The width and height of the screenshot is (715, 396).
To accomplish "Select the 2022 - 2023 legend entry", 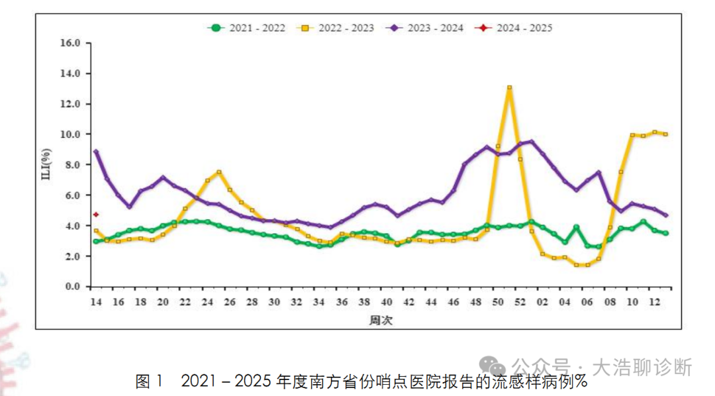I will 337,28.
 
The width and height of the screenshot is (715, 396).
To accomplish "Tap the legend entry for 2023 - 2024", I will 427,28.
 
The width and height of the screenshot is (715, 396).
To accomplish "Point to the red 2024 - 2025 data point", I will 96,215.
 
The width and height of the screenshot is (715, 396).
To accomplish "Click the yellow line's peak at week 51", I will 509,87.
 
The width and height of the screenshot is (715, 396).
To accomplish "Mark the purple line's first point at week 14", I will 96,152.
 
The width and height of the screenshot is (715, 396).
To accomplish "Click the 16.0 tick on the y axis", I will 70,43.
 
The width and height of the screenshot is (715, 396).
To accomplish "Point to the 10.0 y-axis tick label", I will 70,134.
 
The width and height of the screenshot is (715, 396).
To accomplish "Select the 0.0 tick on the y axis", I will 72,287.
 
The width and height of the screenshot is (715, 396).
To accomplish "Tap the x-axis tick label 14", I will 96,302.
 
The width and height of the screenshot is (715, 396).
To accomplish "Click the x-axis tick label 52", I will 520,302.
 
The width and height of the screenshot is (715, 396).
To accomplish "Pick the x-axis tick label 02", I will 543,302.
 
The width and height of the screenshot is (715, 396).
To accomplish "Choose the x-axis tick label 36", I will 342,302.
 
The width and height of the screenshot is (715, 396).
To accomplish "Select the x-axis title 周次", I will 381,320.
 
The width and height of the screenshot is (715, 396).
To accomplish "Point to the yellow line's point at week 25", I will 218,172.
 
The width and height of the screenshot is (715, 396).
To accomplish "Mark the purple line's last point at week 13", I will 665,215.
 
